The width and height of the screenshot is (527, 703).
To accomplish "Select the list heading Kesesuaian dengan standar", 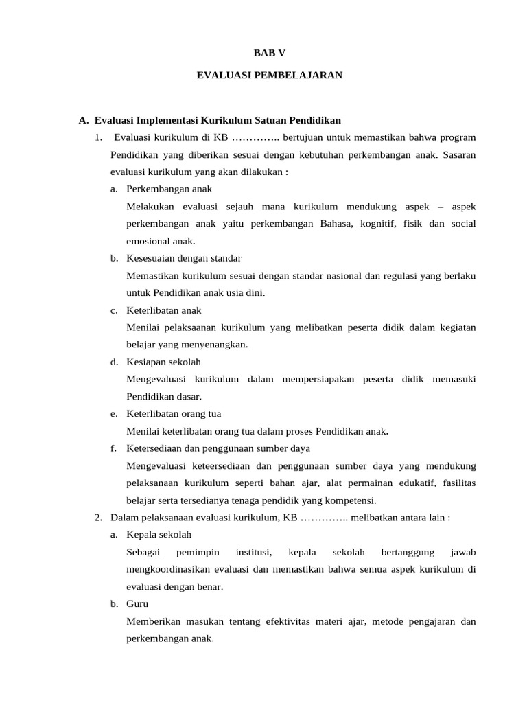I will point(184,258).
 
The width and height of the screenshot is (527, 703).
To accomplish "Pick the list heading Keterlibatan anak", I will point(164,310).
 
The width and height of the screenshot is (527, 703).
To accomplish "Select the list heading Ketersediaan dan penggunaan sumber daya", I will point(218,448).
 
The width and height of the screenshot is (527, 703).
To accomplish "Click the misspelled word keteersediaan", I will point(226,465).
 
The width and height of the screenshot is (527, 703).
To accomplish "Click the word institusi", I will point(254,552).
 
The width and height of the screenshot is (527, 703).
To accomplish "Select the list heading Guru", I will point(137,604).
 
